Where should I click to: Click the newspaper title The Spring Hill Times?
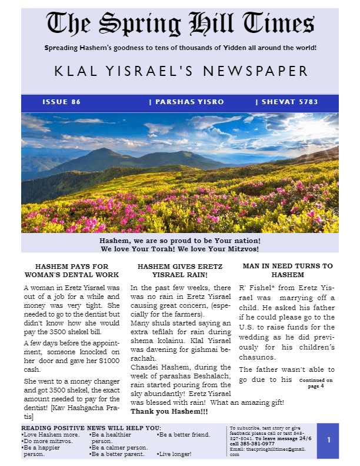pyautogui.click(x=179, y=24)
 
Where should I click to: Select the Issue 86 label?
pyautogui.click(x=62, y=102)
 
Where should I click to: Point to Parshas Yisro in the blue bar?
pyautogui.click(x=186, y=102)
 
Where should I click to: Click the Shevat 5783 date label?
pyautogui.click(x=286, y=102)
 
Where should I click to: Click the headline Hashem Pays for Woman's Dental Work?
pyautogui.click(x=72, y=270)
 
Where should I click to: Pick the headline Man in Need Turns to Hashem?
pyautogui.click(x=287, y=270)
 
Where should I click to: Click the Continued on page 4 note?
pyautogui.click(x=316, y=383)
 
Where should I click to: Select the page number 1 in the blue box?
pyautogui.click(x=329, y=440)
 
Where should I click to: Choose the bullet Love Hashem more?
pyautogui.click(x=49, y=434)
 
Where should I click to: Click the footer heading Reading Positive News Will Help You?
pyautogui.click(x=91, y=427)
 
